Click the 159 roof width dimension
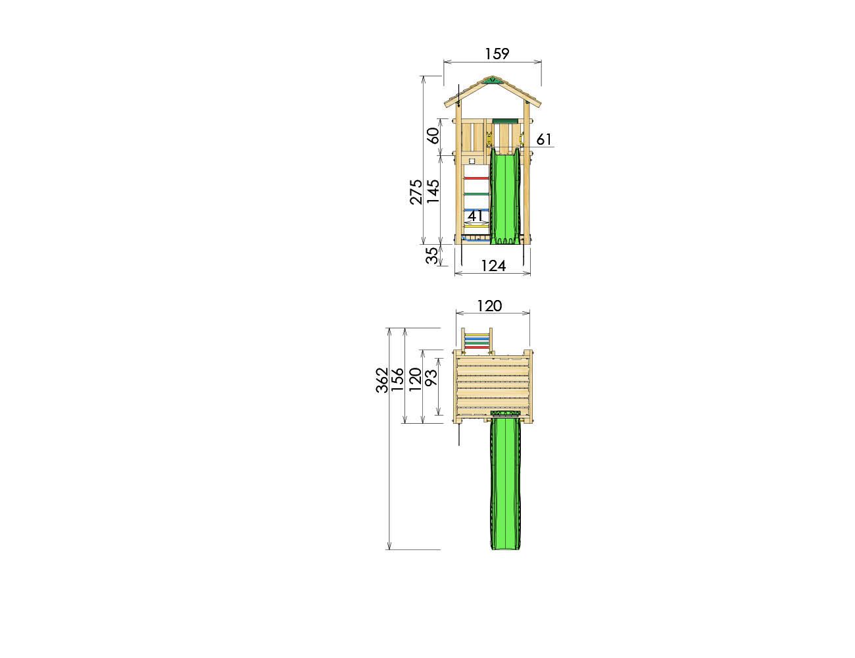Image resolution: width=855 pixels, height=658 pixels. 497,53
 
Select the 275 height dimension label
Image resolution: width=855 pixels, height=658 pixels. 416,192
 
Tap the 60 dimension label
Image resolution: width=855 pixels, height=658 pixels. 433,136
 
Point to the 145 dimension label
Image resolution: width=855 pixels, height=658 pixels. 433,191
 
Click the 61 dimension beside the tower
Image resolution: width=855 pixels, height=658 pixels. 544,139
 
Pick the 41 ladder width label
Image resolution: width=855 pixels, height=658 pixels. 476,216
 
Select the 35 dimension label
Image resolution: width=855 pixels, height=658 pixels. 431,255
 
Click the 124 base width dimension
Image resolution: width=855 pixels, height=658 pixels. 493,266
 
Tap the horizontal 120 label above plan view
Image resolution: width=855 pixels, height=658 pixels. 490,306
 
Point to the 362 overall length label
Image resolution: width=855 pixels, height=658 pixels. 382,380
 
